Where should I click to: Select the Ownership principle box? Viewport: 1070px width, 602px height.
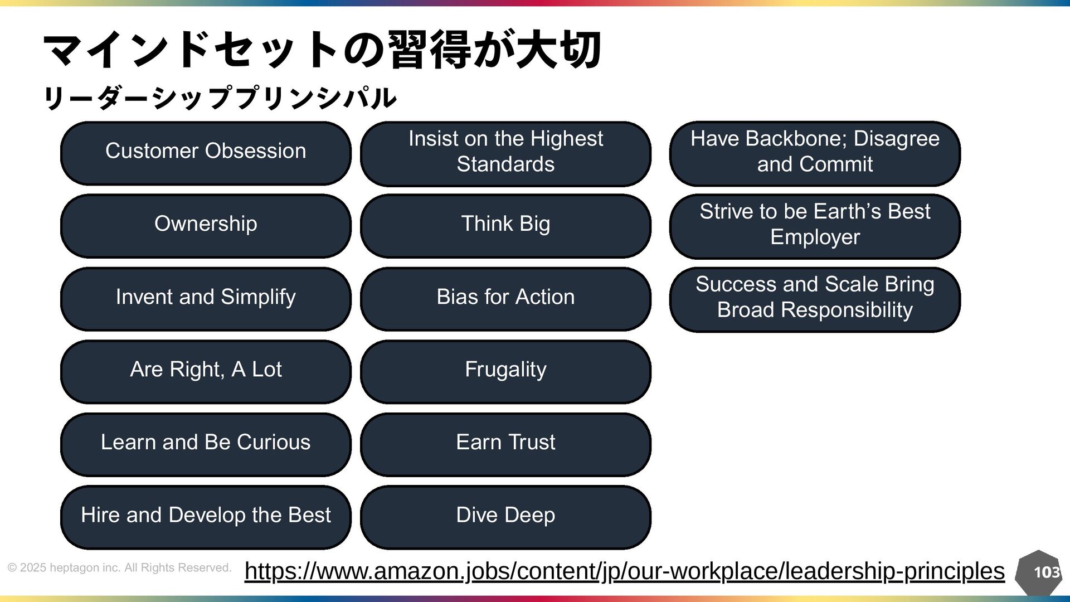tap(206, 226)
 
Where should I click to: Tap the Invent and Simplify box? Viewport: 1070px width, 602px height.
tap(206, 299)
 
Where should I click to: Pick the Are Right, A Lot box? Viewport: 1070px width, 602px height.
tap(206, 371)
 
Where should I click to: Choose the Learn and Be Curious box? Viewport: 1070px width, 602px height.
tap(206, 444)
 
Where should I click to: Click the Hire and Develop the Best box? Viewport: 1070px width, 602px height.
tap(206, 517)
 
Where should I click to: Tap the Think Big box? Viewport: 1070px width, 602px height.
tap(505, 226)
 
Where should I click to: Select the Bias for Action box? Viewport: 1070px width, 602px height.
tap(505, 299)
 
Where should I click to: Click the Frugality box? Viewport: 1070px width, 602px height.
tap(505, 371)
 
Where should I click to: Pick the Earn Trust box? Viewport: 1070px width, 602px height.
tap(505, 444)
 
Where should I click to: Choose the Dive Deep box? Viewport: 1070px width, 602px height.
tap(505, 517)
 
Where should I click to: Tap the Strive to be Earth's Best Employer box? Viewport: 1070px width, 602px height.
tap(815, 226)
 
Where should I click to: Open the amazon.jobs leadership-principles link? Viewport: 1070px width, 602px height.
tap(624, 571)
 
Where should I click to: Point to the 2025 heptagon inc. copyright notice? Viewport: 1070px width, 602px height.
tap(119, 568)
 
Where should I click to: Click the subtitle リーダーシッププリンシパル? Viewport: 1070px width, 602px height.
tap(220, 98)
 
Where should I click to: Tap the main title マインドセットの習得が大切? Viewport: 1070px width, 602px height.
tap(322, 50)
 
